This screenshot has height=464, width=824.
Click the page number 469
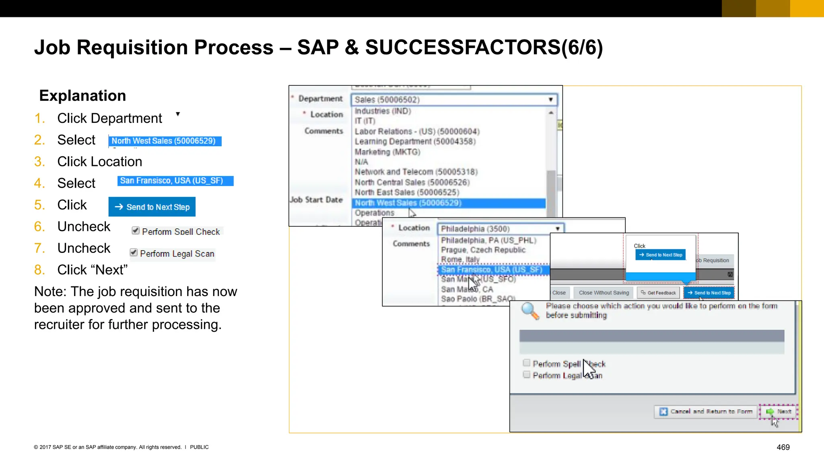pyautogui.click(x=783, y=447)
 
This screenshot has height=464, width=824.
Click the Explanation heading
pyautogui.click(x=82, y=96)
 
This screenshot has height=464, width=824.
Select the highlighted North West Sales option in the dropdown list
pyautogui.click(x=408, y=203)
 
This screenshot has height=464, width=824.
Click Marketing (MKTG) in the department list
pyautogui.click(x=387, y=152)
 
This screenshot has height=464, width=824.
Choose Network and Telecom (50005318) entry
pyautogui.click(x=416, y=172)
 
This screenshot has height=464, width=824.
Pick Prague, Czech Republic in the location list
pyautogui.click(x=483, y=250)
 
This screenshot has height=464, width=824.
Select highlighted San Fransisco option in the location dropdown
pyautogui.click(x=491, y=269)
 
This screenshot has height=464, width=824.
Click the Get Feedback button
pyautogui.click(x=658, y=293)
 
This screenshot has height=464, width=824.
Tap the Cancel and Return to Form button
pyautogui.click(x=706, y=411)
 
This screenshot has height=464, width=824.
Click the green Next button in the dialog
pyautogui.click(x=779, y=411)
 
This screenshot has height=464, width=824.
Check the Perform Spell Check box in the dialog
pyautogui.click(x=526, y=363)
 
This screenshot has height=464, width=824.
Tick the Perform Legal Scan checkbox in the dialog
pyautogui.click(x=526, y=375)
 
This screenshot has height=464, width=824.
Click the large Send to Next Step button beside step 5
pyautogui.click(x=152, y=207)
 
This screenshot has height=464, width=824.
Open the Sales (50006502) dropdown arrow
pyautogui.click(x=550, y=99)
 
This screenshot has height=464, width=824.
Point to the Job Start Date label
pyautogui.click(x=317, y=200)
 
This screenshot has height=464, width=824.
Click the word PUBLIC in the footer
pyautogui.click(x=199, y=447)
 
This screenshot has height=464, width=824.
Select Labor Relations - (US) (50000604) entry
pyautogui.click(x=417, y=131)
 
